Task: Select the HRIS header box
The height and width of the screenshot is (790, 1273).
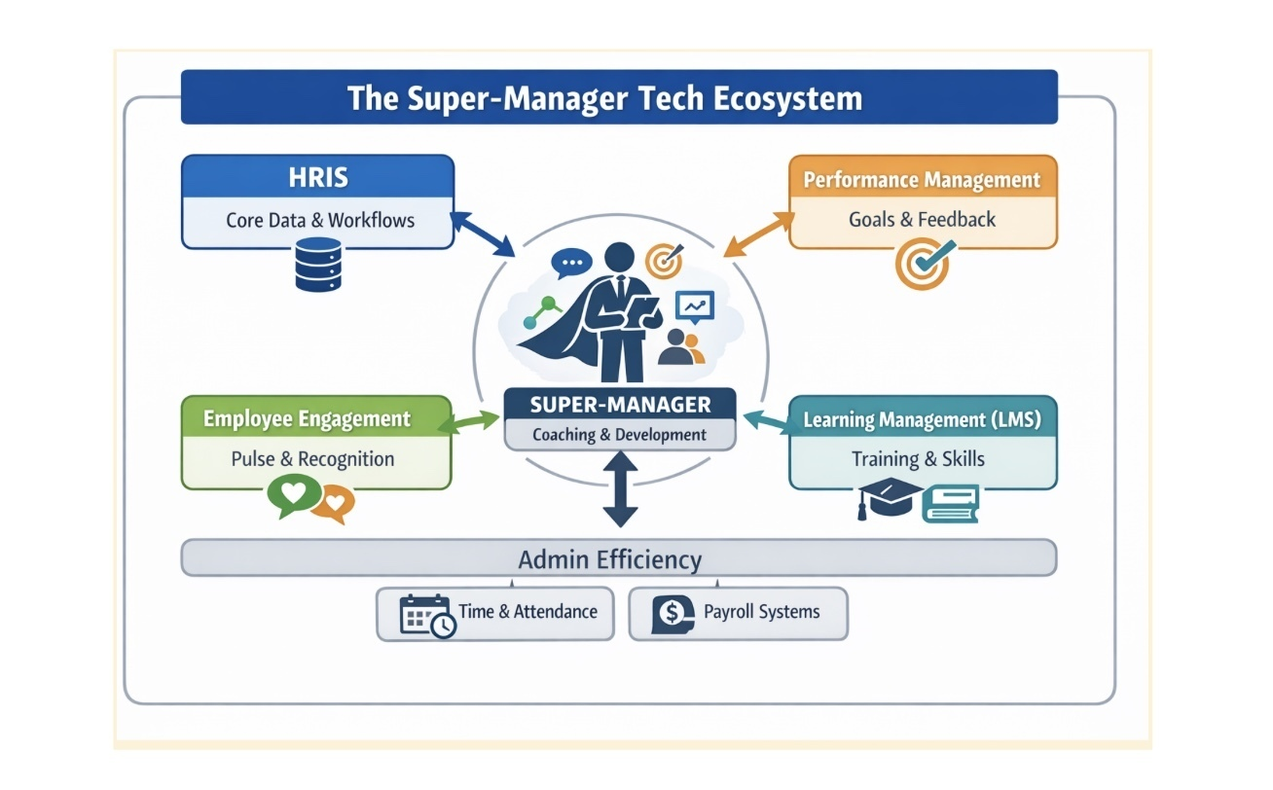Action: pos(318,177)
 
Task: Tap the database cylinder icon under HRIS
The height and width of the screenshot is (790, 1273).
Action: pos(318,264)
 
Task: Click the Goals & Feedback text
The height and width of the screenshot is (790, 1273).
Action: pos(922,219)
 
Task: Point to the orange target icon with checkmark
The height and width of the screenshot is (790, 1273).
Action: pos(921,264)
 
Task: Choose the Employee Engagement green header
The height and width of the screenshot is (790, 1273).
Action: pos(307,419)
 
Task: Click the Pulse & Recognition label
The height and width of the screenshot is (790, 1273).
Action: pos(312,459)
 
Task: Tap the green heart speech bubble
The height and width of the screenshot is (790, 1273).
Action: pos(294,494)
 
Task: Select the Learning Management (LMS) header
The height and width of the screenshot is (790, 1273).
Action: pos(922,420)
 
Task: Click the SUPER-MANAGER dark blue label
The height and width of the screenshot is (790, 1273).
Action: pos(620,404)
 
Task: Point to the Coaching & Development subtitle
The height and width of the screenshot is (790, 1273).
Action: pos(620,434)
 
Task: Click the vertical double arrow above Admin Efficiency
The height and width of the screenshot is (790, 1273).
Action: pos(620,491)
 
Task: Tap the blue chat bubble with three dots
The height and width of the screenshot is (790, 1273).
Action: pos(570,263)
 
